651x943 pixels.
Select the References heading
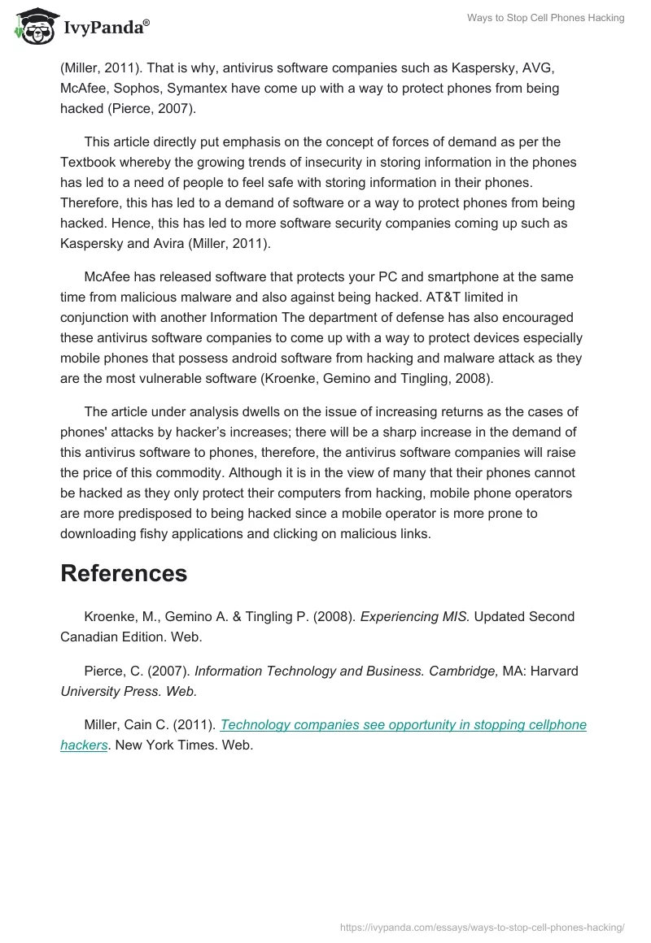(x=124, y=573)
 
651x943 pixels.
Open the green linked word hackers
(x=84, y=745)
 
